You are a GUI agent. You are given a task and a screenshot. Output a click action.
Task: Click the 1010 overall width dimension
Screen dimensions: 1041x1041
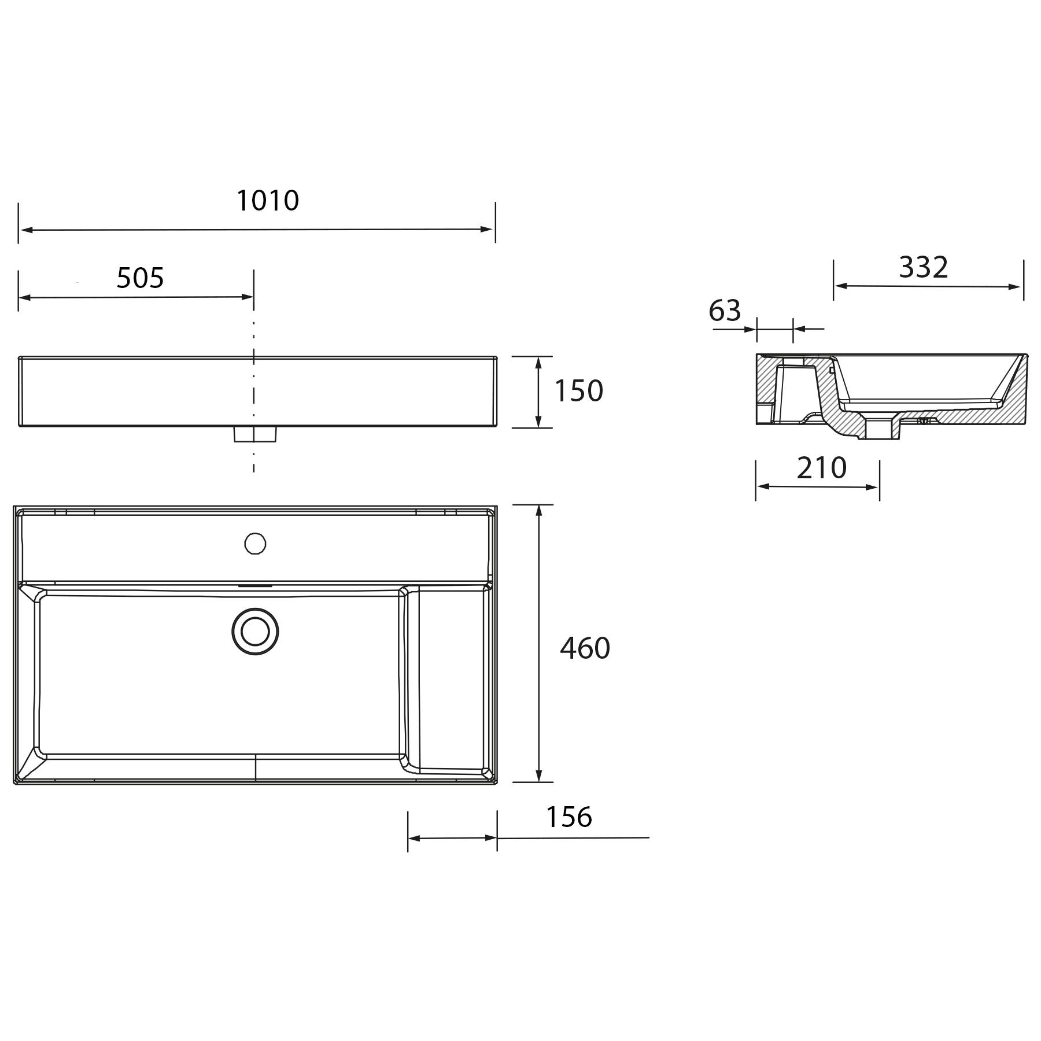coord(268,201)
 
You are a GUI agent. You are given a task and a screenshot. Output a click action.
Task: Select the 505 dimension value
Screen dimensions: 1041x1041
coord(141,278)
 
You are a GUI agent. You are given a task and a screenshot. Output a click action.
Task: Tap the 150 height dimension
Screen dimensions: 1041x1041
coord(579,391)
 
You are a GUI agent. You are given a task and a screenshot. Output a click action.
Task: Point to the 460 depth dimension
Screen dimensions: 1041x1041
coord(585,648)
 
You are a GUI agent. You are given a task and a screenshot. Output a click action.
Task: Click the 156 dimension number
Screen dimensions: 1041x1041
coord(569,817)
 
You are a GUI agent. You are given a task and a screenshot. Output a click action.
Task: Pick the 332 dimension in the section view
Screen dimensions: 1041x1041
coord(924,267)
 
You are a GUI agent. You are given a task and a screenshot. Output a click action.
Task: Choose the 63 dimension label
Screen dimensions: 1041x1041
coord(725,311)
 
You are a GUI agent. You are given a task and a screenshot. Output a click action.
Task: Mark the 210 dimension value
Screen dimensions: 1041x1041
coord(821,468)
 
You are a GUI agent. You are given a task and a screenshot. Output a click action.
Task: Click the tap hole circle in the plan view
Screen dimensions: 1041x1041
coord(255,544)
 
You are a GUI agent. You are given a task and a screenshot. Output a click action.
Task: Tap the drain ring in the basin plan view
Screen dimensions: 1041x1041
coord(255,632)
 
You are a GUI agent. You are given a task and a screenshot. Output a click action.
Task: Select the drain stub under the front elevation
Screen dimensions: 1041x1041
coord(255,434)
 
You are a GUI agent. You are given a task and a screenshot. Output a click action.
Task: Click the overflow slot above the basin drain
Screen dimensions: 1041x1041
coord(255,585)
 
